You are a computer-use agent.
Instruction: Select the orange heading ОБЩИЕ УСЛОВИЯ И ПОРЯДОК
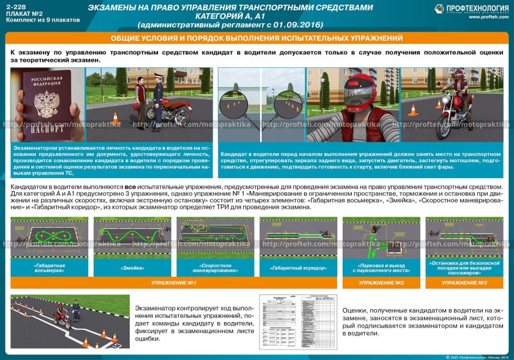point(256,39)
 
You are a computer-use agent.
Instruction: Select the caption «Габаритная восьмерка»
point(50,267)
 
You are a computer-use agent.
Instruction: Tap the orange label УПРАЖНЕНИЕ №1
point(174,283)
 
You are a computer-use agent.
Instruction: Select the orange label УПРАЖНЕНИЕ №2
point(381,283)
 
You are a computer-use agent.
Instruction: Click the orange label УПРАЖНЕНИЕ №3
point(464,283)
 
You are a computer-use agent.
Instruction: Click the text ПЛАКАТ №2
point(21,12)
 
